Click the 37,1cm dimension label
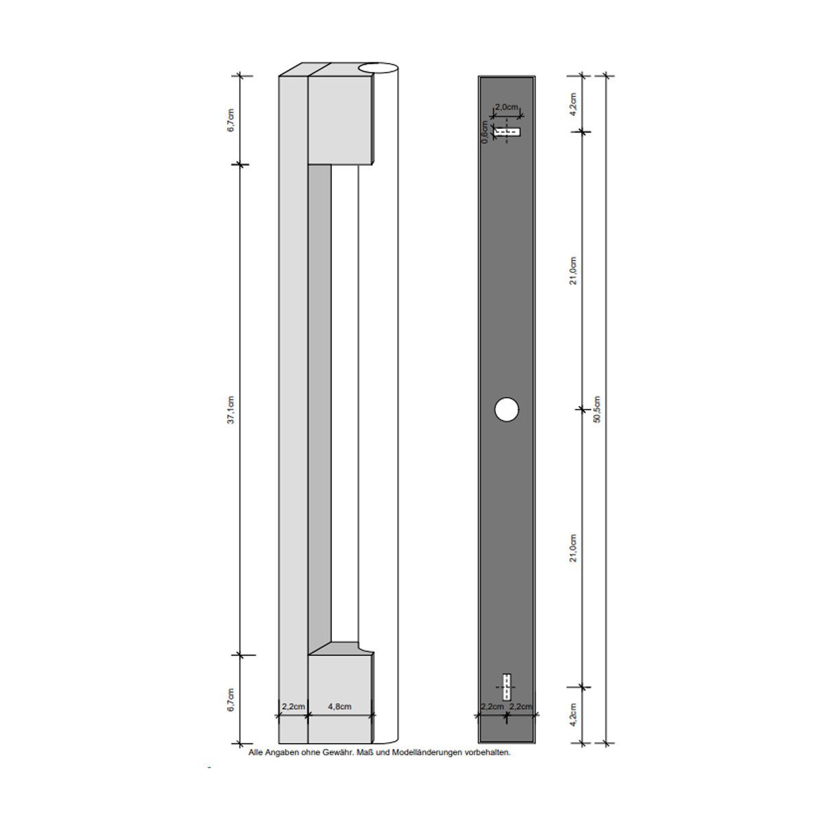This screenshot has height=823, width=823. [x=231, y=409]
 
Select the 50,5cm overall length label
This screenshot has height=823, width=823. [x=597, y=409]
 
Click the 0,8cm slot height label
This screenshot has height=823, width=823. [x=485, y=132]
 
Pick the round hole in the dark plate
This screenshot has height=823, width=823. [x=506, y=409]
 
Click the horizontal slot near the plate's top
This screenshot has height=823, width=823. [x=508, y=132]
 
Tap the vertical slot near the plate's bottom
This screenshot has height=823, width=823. [x=507, y=687]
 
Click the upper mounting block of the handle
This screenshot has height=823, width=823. [x=339, y=120]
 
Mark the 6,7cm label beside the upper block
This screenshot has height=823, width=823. [x=231, y=120]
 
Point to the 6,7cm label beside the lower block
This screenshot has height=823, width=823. [x=231, y=700]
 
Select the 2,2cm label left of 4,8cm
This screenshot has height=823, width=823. [x=293, y=706]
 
